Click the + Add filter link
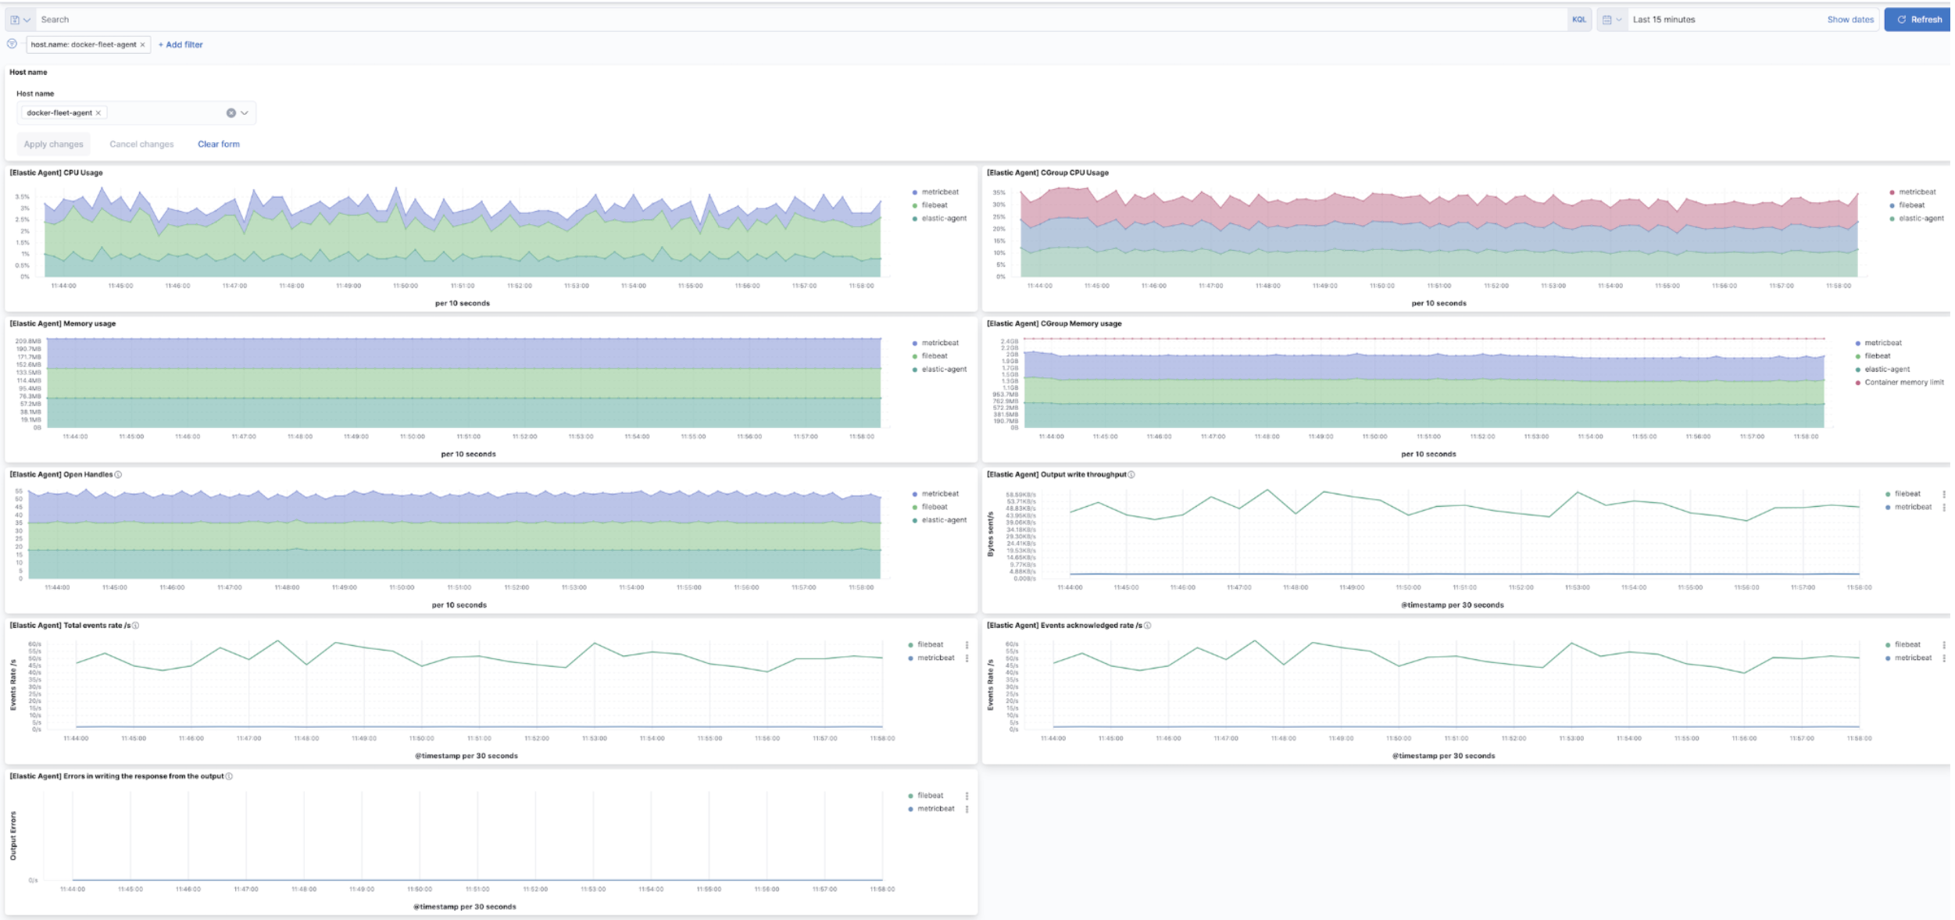[180, 45]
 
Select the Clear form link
[219, 144]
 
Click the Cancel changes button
[141, 144]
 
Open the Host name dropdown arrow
[245, 112]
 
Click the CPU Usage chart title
[56, 173]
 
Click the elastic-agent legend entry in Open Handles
[944, 519]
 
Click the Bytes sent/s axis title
[991, 534]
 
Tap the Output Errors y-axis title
[13, 836]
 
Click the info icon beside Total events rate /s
[136, 625]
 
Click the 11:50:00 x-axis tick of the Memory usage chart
[412, 437]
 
